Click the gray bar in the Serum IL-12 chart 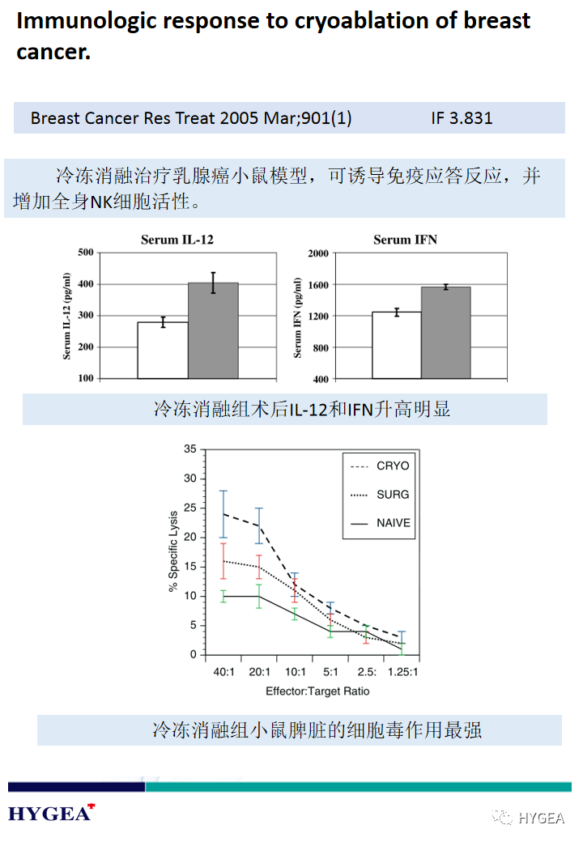tap(213, 331)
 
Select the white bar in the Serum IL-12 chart tap(163, 351)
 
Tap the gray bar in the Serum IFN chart tap(445, 333)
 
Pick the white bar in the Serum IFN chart tap(397, 346)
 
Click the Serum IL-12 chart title tap(177, 240)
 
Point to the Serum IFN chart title tap(405, 240)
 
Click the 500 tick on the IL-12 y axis tap(85, 253)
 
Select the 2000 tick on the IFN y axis tap(317, 253)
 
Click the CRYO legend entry tap(393, 466)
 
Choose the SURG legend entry tap(393, 495)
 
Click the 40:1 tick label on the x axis tap(223, 672)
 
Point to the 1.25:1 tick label tap(402, 672)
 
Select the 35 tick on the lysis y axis tap(190, 449)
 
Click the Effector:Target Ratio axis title tap(317, 691)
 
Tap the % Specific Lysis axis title tap(173, 551)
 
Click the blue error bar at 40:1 tap(223, 514)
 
